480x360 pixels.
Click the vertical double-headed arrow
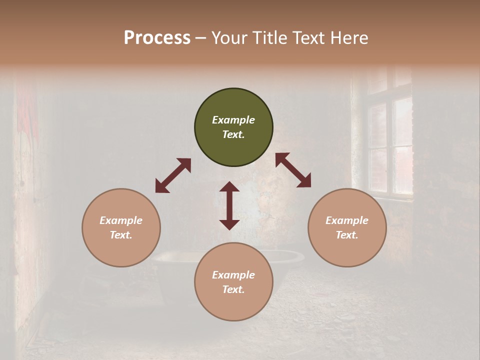[229, 205]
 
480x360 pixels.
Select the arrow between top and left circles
[173, 175]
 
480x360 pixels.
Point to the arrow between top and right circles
[293, 170]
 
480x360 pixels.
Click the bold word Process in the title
[157, 37]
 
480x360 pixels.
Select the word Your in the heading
[229, 37]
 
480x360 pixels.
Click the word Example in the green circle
[233, 120]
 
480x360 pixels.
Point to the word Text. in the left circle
[121, 235]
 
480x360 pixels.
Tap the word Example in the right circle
[347, 220]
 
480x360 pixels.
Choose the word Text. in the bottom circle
[233, 289]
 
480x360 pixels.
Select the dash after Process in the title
[201, 38]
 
